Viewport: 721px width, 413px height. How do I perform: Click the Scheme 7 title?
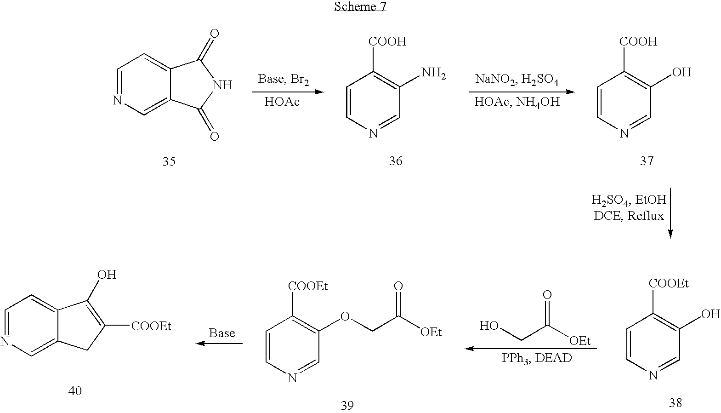coord(360,6)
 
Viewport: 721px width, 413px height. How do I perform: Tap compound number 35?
coord(169,161)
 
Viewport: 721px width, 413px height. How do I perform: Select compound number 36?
coord(396,161)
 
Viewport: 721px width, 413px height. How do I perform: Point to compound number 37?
coord(647,161)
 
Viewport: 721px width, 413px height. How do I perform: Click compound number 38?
coord(675,403)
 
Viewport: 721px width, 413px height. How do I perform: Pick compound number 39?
coord(347,405)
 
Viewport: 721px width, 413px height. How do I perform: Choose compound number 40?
coord(75,391)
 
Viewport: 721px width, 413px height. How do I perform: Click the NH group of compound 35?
coord(222,85)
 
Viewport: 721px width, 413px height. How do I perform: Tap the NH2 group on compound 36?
coord(434,74)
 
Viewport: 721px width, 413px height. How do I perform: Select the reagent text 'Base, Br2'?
coord(283,80)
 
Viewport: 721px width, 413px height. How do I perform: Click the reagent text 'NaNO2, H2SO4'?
coord(517,80)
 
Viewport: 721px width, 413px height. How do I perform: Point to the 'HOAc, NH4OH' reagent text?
coord(517,103)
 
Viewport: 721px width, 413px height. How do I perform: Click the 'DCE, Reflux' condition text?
coord(629,216)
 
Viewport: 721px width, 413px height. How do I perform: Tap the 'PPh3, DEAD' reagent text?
coord(537,358)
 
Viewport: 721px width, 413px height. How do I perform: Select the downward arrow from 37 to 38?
coord(670,213)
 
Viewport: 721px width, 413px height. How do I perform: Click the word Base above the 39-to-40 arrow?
coord(222,333)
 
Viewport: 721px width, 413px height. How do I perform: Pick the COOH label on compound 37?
coord(638,41)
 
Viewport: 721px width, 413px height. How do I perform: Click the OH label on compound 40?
coord(107,275)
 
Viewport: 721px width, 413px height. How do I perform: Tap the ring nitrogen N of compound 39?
coord(292,378)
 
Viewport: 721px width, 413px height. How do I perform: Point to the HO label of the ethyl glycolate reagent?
coord(489,326)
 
